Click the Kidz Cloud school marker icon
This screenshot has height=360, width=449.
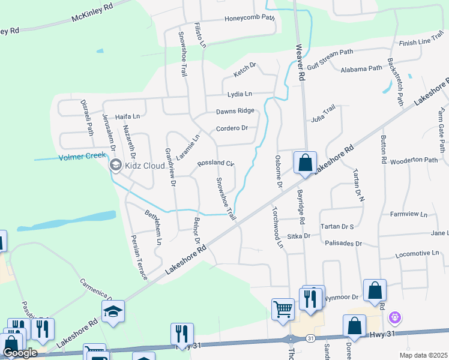115,164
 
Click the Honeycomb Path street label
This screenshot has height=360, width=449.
249,17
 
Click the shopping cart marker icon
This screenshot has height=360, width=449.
283,310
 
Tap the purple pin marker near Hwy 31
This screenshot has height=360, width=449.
395,316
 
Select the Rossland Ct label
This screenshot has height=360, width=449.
215,163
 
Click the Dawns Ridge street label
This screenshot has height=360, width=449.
235,111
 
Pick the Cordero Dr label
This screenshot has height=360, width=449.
232,128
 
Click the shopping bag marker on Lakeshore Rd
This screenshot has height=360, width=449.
305,162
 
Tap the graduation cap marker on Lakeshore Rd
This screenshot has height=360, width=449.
113,311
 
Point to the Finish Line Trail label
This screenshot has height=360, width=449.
422,42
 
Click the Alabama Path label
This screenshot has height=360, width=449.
361,69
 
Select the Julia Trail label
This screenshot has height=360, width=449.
323,113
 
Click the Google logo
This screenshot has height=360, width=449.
20,353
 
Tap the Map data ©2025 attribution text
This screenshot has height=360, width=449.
427,355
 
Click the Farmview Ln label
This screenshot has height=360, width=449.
408,214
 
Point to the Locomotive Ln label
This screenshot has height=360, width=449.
418,254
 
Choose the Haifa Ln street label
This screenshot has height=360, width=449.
127,116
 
